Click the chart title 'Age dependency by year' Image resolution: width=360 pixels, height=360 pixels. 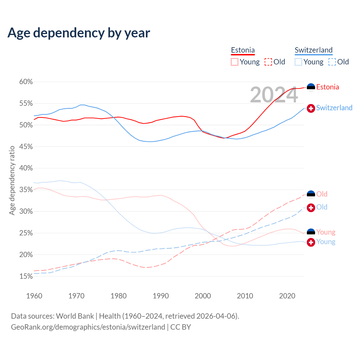click(79, 33)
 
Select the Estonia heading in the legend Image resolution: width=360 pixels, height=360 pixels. click(243, 50)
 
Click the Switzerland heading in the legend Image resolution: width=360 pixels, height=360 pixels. click(314, 50)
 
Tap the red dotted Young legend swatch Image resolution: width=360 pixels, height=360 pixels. click(235, 62)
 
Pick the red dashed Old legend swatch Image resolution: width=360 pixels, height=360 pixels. click(268, 62)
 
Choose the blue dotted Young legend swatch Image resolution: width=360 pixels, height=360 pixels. click(298, 62)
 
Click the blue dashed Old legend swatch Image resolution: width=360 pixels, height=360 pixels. click(332, 62)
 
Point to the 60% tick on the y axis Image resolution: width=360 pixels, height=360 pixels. click(26, 82)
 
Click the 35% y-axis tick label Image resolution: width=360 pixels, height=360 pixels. click(26, 190)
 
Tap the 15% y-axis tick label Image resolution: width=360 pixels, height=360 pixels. click(26, 276)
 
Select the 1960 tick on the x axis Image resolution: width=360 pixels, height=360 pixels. click(34, 296)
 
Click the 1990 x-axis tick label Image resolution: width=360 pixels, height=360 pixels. click(161, 296)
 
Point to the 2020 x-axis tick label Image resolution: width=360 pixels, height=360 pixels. click(287, 296)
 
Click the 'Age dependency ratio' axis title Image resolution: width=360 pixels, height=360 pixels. click(12, 180)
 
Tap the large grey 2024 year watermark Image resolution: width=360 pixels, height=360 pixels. click(274, 95)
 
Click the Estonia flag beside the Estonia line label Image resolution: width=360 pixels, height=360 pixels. click(311, 87)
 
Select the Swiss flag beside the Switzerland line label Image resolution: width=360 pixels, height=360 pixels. click(311, 108)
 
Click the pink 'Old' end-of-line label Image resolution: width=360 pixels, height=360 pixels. click(322, 194)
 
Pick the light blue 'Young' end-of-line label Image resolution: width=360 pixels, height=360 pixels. click(326, 242)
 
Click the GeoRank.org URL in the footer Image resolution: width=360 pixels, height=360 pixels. click(88, 327)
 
